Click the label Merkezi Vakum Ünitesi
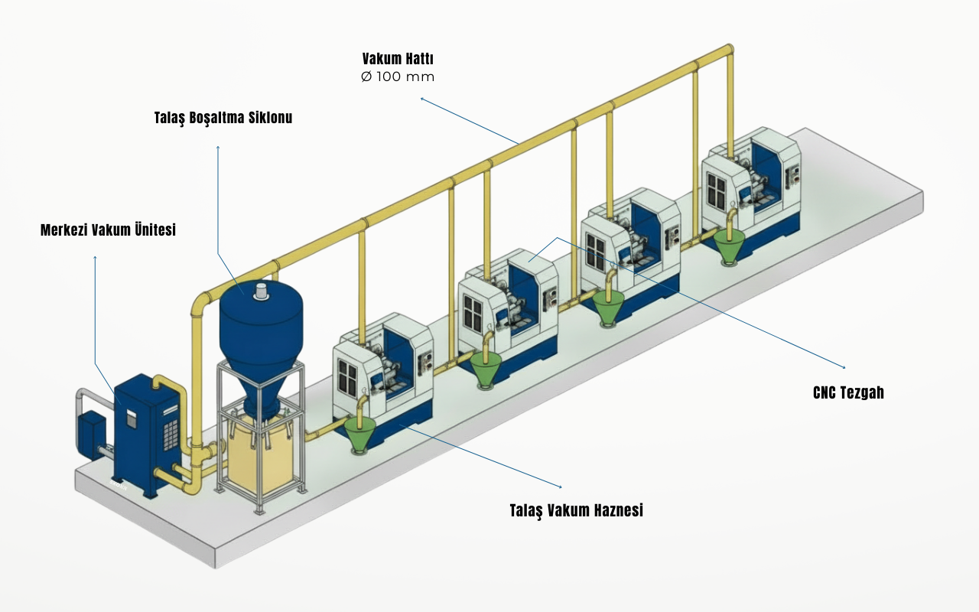point(108,229)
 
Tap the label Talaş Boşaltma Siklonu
point(223,118)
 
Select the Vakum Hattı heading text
point(398,59)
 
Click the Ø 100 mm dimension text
point(398,77)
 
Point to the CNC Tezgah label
point(848,393)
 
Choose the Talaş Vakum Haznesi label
point(576,510)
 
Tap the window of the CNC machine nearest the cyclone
point(348,375)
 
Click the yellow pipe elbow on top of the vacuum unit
point(162,380)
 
